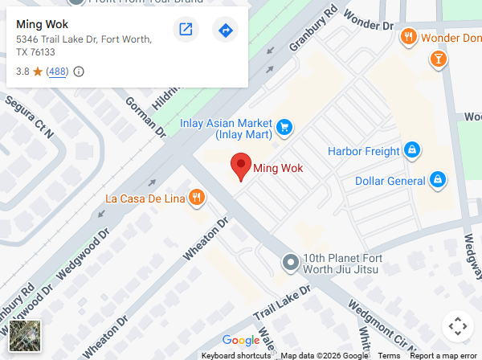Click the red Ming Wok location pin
[240, 166]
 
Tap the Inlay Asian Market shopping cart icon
[284, 127]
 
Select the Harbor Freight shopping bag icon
[411, 150]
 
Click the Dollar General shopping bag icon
[438, 180]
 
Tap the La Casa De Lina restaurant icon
[197, 198]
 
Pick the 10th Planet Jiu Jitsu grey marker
[290, 263]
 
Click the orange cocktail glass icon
[438, 58]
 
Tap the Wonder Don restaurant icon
[409, 36]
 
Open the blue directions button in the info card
[225, 31]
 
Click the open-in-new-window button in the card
[186, 31]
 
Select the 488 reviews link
[57, 72]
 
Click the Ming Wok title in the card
[42, 24]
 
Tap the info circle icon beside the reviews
[79, 72]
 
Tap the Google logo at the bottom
[241, 341]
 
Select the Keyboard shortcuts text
[235, 355]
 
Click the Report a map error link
[443, 355]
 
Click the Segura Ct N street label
[29, 117]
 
